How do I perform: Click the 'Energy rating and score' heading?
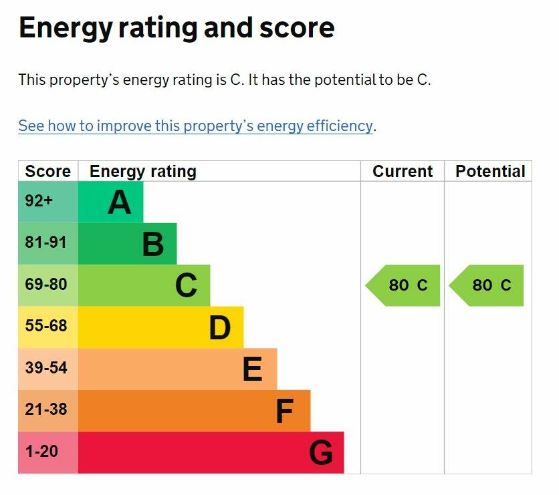coord(177,28)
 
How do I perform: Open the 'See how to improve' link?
coord(195,126)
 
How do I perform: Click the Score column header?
coord(47,172)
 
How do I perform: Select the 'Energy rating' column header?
coord(142,172)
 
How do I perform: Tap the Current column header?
coord(403,172)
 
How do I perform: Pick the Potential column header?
coord(489,172)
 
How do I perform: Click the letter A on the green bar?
coord(120,202)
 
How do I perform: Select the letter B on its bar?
coord(153,244)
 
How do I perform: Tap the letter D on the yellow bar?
coord(219,328)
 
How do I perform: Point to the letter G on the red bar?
coord(320,454)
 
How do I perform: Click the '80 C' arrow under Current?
coord(404,285)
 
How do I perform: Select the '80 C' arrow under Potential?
coord(487,285)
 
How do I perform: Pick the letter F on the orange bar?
coord(285,411)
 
